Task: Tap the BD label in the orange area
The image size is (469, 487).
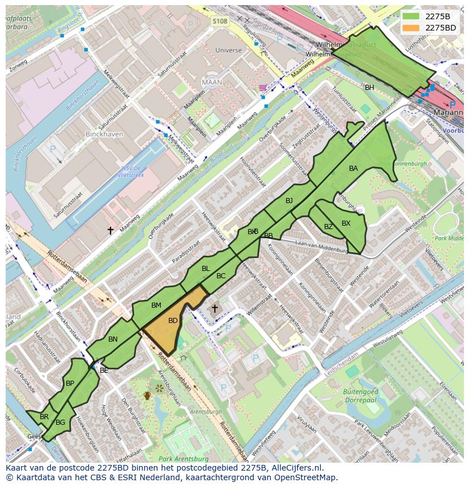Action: point(173,321)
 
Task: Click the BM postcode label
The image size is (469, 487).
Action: point(156,305)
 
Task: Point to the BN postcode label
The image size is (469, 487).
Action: point(113,339)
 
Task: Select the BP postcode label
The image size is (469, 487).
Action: point(70,383)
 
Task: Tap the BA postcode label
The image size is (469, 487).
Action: point(353,169)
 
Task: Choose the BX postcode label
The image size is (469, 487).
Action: point(346,223)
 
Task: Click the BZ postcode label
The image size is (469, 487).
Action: point(329,227)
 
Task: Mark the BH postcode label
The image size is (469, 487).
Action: point(369,87)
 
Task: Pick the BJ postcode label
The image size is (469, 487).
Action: point(289,201)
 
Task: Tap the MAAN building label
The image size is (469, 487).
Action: point(212,82)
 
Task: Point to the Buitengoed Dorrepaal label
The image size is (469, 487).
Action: point(360,395)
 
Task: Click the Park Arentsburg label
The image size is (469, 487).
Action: point(181,458)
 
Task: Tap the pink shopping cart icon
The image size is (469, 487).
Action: point(262,87)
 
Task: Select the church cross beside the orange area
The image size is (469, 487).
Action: point(214,308)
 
